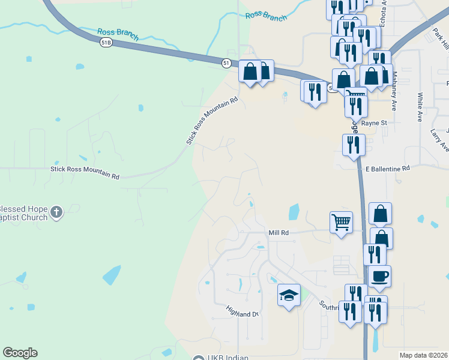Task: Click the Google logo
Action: (20, 353)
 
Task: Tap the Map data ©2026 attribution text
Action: (423, 355)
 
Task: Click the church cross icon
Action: (56, 211)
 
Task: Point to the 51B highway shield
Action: (106, 42)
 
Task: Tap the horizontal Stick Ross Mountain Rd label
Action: (85, 173)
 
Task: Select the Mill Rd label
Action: (279, 232)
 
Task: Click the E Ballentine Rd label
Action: (387, 169)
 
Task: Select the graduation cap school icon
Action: (289, 295)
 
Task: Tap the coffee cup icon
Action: (379, 277)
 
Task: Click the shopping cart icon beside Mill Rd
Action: (341, 222)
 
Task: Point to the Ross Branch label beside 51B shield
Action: (118, 34)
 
